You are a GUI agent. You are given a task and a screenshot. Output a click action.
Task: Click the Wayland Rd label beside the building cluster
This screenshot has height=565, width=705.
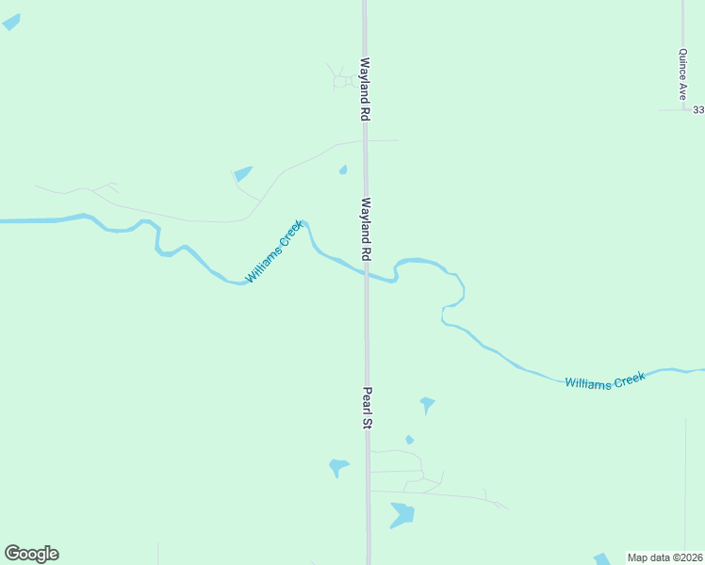[x=362, y=89]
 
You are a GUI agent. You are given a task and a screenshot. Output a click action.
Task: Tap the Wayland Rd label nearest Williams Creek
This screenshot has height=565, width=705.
[x=364, y=230]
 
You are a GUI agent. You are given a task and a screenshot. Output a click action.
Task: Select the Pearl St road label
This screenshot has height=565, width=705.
[x=368, y=409]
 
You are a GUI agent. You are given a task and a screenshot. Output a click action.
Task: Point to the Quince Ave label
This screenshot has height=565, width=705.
[x=681, y=75]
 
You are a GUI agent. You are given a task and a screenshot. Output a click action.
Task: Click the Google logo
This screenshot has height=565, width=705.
[x=31, y=554]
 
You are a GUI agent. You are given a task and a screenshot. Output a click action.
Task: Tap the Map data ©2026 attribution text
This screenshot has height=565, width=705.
[x=664, y=557]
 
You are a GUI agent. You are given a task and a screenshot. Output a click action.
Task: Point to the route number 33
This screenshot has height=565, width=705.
[x=698, y=110]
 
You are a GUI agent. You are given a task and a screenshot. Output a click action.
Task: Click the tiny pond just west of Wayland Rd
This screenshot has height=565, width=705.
[x=343, y=170]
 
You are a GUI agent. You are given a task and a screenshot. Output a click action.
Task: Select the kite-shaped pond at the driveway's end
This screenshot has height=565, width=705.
[x=242, y=174]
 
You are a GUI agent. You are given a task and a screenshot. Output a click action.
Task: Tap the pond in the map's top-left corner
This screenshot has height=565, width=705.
[x=11, y=22]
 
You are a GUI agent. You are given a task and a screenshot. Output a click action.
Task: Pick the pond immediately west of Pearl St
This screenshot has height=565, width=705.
[x=338, y=467]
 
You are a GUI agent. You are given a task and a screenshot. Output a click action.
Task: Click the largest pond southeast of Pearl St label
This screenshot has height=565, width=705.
[x=402, y=514]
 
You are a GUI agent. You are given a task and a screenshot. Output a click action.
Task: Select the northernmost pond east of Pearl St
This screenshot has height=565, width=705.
[x=427, y=405]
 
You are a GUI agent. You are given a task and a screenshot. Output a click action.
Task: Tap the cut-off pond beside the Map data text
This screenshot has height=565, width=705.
[x=601, y=559]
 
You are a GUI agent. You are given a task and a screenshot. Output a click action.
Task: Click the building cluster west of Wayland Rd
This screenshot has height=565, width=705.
[x=340, y=81]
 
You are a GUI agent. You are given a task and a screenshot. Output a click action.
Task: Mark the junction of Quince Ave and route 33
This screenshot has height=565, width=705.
[x=684, y=110]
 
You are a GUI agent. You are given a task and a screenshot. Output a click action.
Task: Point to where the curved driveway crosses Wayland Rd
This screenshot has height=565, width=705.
[x=365, y=141]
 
